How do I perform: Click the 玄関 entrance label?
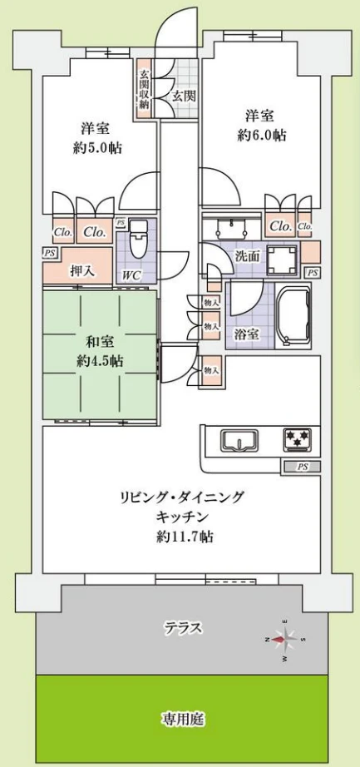click(x=184, y=96)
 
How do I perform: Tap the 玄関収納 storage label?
click(x=144, y=91)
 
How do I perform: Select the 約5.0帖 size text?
click(x=96, y=148)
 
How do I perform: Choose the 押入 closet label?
click(x=81, y=270)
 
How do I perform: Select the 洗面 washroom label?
click(x=247, y=256)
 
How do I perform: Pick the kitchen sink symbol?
click(x=243, y=441)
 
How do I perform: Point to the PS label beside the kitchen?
click(x=302, y=467)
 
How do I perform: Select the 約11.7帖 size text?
click(x=185, y=537)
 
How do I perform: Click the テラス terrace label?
click(x=184, y=628)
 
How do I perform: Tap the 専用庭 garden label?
click(x=184, y=719)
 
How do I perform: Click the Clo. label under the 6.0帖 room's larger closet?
click(x=280, y=225)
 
